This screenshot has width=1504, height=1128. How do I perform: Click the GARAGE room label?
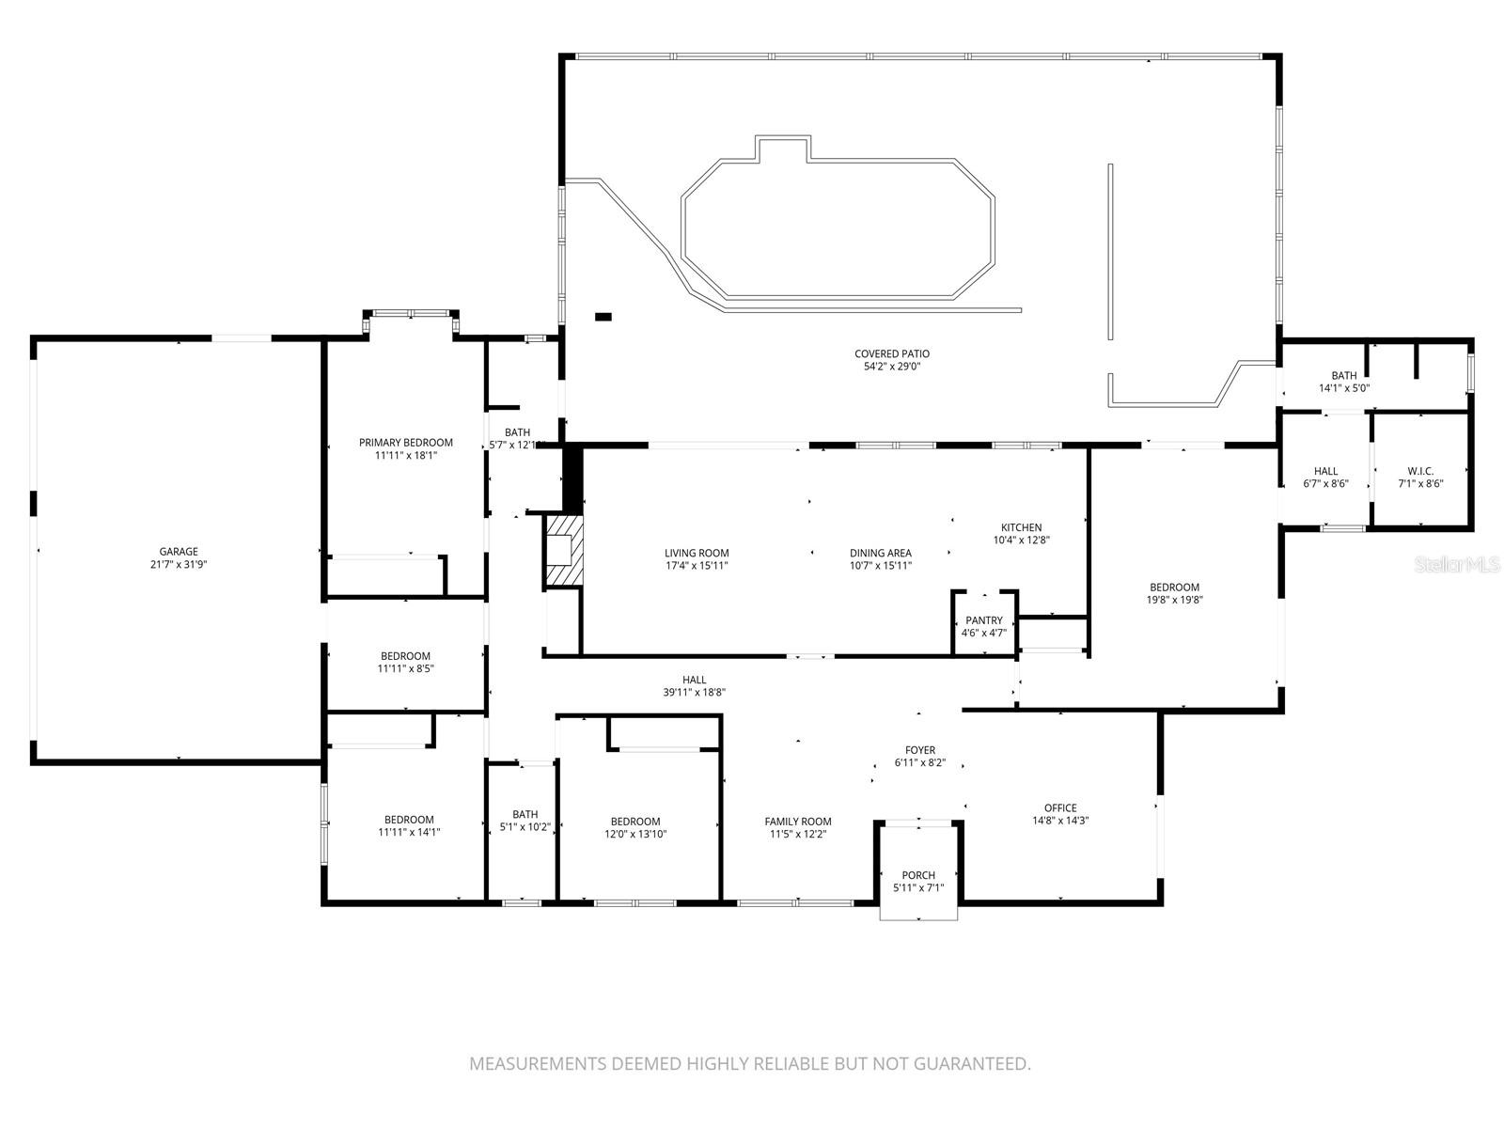tap(179, 552)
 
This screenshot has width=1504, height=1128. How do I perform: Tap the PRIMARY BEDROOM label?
tap(405, 442)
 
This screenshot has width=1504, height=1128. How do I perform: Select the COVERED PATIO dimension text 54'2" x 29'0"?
tap(892, 367)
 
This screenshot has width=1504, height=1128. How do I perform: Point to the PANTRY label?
tap(983, 620)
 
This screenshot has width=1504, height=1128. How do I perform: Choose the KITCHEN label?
tap(1021, 527)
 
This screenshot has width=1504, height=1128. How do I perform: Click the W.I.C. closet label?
tap(1419, 471)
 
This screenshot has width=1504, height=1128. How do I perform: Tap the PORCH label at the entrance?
tap(918, 875)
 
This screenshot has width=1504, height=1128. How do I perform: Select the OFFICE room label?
tap(1060, 807)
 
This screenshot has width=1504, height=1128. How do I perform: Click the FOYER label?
tap(919, 750)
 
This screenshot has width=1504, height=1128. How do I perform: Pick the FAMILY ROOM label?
tap(798, 822)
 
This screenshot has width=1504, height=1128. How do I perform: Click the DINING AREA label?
tap(880, 553)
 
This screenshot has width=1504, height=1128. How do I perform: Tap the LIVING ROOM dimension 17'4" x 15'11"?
tap(697, 565)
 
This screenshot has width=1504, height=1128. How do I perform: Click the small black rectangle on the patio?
tap(603, 317)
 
